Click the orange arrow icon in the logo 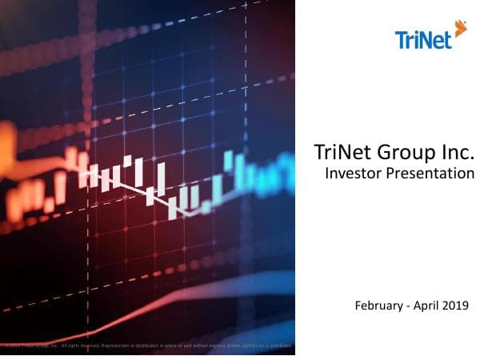tap(460, 30)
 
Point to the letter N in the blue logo tap(427, 39)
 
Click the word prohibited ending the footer tap(279, 346)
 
